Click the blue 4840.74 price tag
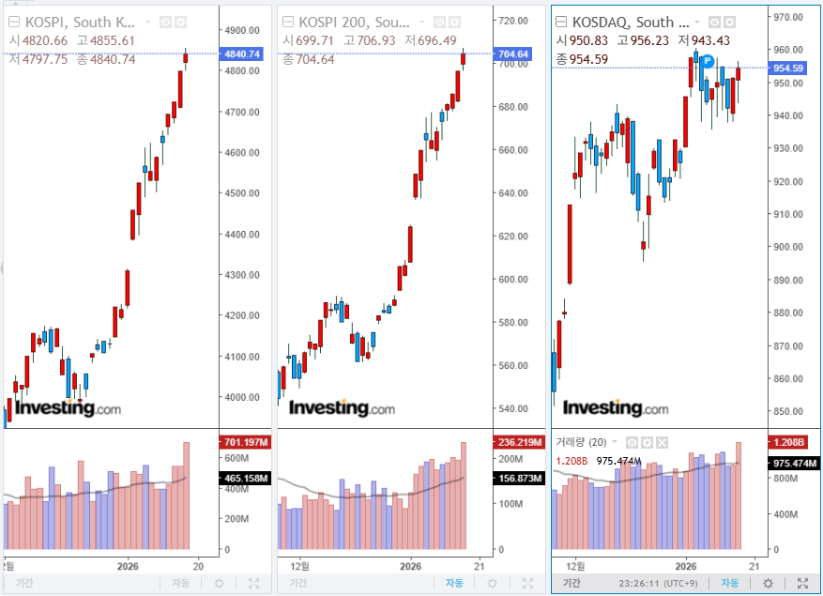(x=240, y=54)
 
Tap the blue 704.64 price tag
(x=511, y=54)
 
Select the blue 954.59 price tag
(x=787, y=68)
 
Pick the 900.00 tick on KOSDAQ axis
(x=786, y=247)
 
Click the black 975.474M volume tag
(x=787, y=464)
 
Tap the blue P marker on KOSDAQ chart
(x=708, y=61)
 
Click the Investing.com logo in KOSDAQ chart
(x=616, y=408)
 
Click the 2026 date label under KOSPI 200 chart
(x=411, y=566)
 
